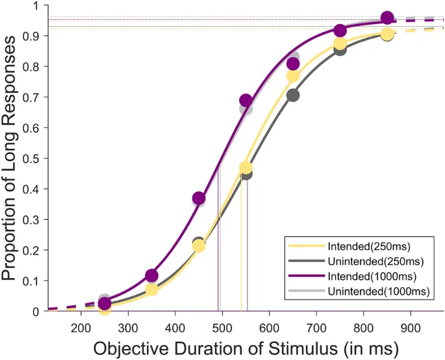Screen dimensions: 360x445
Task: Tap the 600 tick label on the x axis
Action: coord(270,328)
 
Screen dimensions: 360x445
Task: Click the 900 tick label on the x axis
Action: coord(411,328)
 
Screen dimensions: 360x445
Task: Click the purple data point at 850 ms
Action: coord(387,18)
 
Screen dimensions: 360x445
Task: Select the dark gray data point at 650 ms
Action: coord(293,96)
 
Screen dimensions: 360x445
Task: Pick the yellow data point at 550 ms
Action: coord(246,168)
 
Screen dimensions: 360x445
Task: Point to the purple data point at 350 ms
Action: coord(151,276)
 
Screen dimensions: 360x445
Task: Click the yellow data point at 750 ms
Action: coord(340,44)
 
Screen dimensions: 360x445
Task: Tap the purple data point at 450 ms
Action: coord(199,198)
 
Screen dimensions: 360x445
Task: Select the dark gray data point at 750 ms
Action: coord(340,49)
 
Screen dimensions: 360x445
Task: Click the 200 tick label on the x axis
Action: coord(81,328)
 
